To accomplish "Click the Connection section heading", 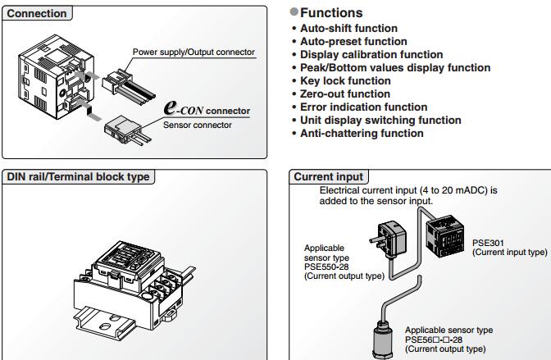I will pos(37,13).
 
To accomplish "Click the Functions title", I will pos(331,13).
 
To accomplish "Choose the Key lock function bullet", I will pos(345,80).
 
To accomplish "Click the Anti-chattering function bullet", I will pos(362,133).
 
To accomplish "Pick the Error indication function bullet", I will pos(363,107).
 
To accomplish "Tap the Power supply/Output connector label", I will pos(194,52).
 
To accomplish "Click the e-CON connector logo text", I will pos(207,109).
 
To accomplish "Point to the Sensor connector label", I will pos(197,125).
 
